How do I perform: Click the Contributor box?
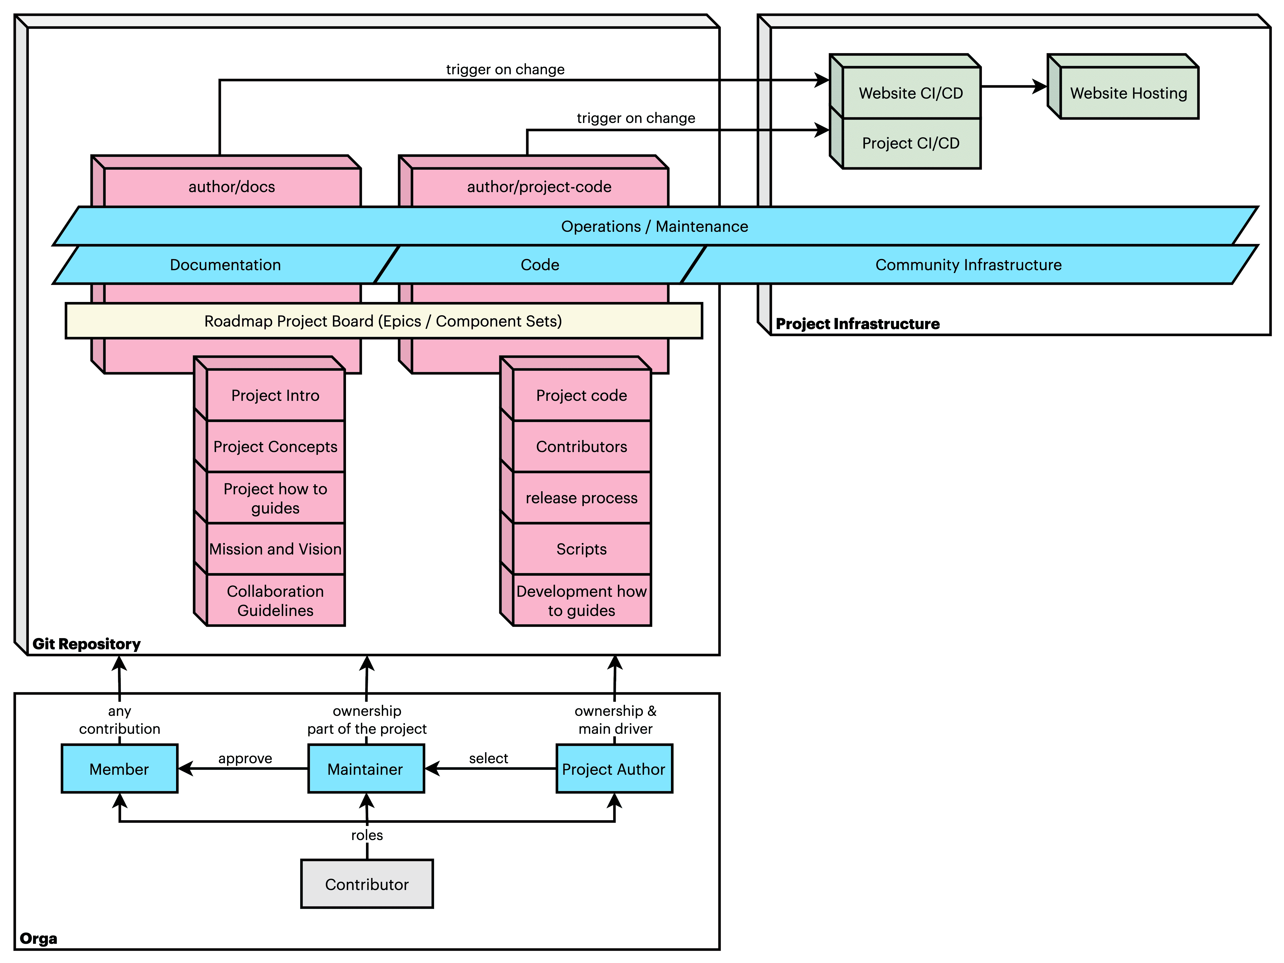[x=367, y=884]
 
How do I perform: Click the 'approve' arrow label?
[x=245, y=758]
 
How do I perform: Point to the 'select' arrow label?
[x=488, y=758]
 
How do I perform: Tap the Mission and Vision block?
[x=275, y=549]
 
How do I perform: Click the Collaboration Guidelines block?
[x=275, y=600]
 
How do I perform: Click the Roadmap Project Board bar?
[x=383, y=321]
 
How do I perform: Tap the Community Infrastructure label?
[x=968, y=265]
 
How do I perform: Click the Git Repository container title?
[x=86, y=644]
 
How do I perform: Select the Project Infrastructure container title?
[x=857, y=324]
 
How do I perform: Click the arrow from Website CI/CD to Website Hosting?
[x=1013, y=86]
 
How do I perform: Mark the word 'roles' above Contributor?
[x=367, y=835]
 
